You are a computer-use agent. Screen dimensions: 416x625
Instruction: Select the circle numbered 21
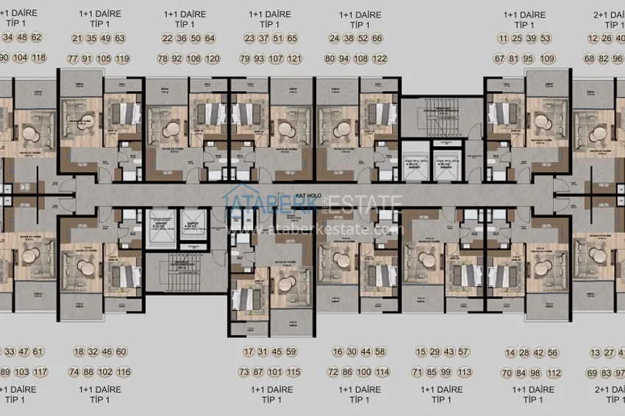tap(77, 38)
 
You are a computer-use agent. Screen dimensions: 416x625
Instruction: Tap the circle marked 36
tap(181, 38)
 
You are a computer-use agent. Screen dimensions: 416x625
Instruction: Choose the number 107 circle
tap(277, 58)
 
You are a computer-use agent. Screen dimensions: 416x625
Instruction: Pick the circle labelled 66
tap(377, 38)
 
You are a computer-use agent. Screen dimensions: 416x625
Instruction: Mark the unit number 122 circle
tap(380, 58)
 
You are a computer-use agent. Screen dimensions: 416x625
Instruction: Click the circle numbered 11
tap(502, 38)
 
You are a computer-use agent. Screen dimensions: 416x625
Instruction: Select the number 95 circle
tap(530, 58)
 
